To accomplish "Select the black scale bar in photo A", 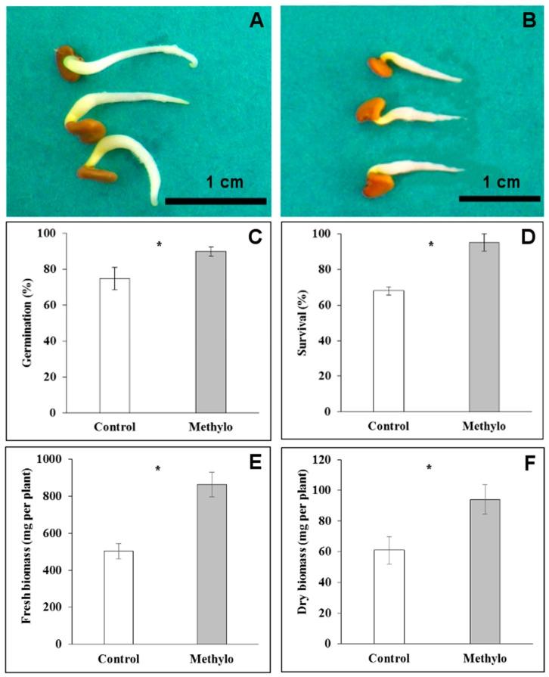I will [216, 201].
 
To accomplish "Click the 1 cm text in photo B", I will [501, 182].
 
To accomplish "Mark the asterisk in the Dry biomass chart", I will [429, 468].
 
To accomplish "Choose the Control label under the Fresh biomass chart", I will [114, 658].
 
